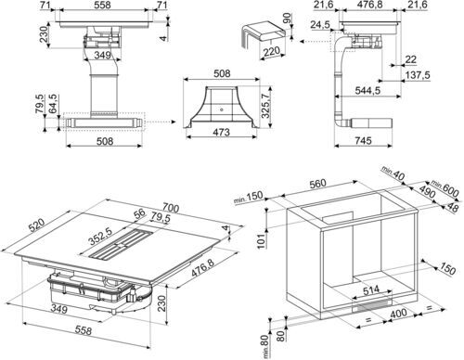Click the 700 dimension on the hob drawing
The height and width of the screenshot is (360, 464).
(x=171, y=208)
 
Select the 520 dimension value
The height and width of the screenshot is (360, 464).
(x=37, y=225)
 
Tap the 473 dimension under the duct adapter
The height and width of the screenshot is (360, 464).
(x=222, y=132)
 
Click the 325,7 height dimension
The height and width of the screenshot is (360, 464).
(x=266, y=104)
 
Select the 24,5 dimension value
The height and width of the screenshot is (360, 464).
(x=321, y=24)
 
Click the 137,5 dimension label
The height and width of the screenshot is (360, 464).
(x=418, y=75)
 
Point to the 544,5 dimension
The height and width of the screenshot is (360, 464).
(x=367, y=91)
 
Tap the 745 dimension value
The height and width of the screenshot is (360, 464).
(x=363, y=141)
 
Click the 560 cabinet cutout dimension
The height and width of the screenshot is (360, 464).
(x=318, y=184)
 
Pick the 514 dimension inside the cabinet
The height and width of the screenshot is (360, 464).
(x=371, y=290)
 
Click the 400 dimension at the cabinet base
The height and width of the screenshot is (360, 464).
(x=398, y=314)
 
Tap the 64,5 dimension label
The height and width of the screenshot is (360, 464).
(x=53, y=104)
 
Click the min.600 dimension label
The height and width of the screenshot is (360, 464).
(x=445, y=188)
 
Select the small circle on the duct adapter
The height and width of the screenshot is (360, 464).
(x=222, y=109)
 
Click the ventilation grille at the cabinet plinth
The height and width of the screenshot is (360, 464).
(x=373, y=305)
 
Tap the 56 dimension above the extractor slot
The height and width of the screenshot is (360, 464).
(x=140, y=213)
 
